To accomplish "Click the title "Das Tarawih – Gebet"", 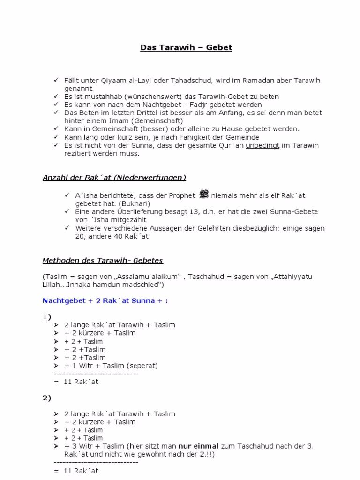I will [x=187, y=47].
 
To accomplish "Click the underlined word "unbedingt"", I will [x=262, y=145].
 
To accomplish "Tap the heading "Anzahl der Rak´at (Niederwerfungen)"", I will [x=114, y=177].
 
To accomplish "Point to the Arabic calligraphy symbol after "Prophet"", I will [x=204, y=194].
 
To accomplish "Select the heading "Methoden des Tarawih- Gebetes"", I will [x=103, y=260].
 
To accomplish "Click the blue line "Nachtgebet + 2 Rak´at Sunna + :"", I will [x=105, y=300].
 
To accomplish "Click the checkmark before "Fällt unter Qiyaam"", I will [x=55, y=80].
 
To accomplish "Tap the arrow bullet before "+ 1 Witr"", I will [x=56, y=366].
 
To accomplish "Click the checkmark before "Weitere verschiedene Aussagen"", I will [x=66, y=228].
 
